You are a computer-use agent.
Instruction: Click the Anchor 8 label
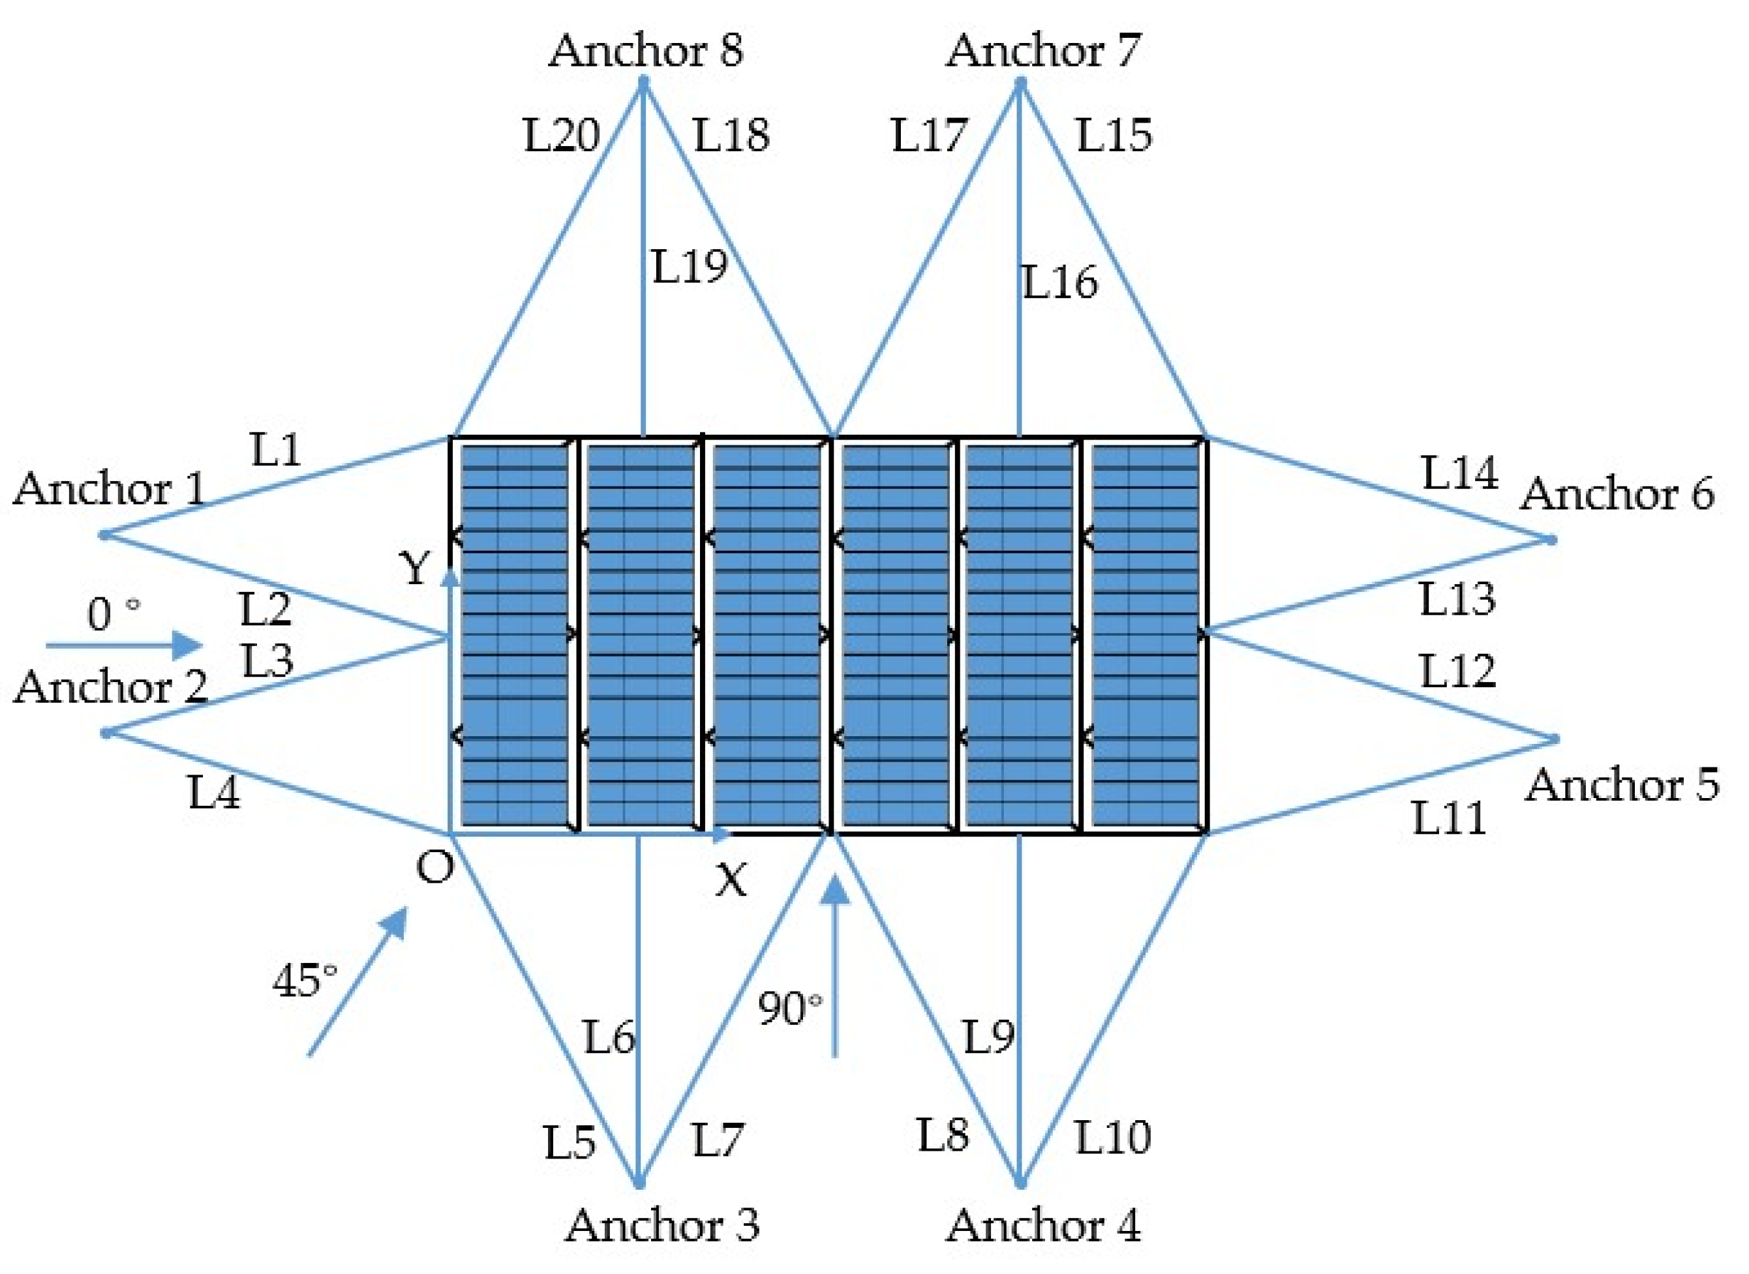[x=646, y=51]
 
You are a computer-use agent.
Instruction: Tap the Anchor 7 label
[x=1043, y=51]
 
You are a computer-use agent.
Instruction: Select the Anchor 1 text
[x=110, y=490]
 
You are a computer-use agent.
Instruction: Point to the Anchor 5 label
[x=1622, y=786]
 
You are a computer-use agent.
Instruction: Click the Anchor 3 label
[x=663, y=1225]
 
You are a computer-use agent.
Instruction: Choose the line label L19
[x=690, y=267]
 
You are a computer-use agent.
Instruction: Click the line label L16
[x=1060, y=282]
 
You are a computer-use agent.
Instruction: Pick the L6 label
[x=609, y=1037]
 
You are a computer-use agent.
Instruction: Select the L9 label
[x=988, y=1037]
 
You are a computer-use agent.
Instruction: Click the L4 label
[x=214, y=792]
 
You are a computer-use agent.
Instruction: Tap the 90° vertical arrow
[x=835, y=967]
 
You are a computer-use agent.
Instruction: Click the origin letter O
[x=435, y=869]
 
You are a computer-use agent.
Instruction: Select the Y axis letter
[x=415, y=570]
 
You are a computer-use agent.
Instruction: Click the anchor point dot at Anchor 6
[x=1551, y=540]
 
